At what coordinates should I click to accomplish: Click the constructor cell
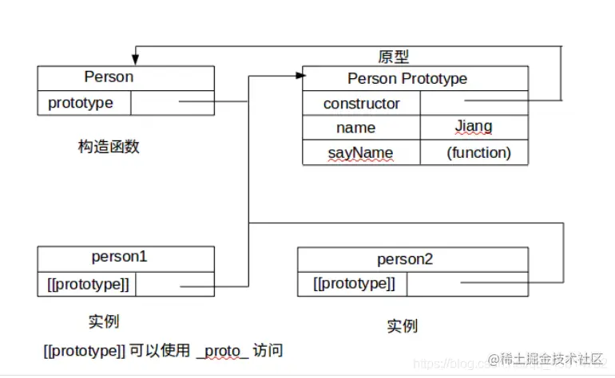tap(361, 104)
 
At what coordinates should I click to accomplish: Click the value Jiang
tap(474, 127)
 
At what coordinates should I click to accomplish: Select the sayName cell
tap(361, 152)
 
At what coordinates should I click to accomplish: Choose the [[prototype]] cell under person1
tap(86, 283)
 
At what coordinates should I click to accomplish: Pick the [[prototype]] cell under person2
tap(353, 283)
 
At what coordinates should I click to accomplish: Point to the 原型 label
tap(393, 57)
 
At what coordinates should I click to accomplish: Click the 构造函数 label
tap(109, 147)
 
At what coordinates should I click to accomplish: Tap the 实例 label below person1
tap(104, 321)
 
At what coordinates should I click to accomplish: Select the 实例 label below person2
tap(402, 326)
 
